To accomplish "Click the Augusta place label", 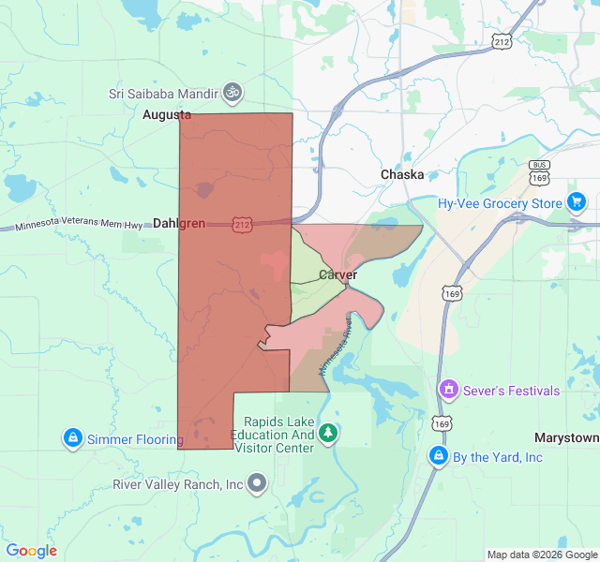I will (166, 115).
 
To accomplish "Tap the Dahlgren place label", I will (178, 224).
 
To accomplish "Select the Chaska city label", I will (402, 175).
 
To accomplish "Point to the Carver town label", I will (337, 274).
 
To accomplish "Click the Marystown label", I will (566, 438).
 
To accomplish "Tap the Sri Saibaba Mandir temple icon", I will (232, 92).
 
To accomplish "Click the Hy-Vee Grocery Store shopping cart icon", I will (576, 202).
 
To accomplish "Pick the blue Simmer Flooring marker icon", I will (72, 437).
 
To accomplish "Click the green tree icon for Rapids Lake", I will (327, 433).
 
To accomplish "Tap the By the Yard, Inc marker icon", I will (438, 456).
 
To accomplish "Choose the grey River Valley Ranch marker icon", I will (257, 483).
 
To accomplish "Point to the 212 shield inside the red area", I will (243, 225).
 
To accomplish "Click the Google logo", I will (32, 551).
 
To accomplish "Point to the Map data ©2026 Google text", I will (542, 555).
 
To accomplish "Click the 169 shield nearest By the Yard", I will (440, 423).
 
